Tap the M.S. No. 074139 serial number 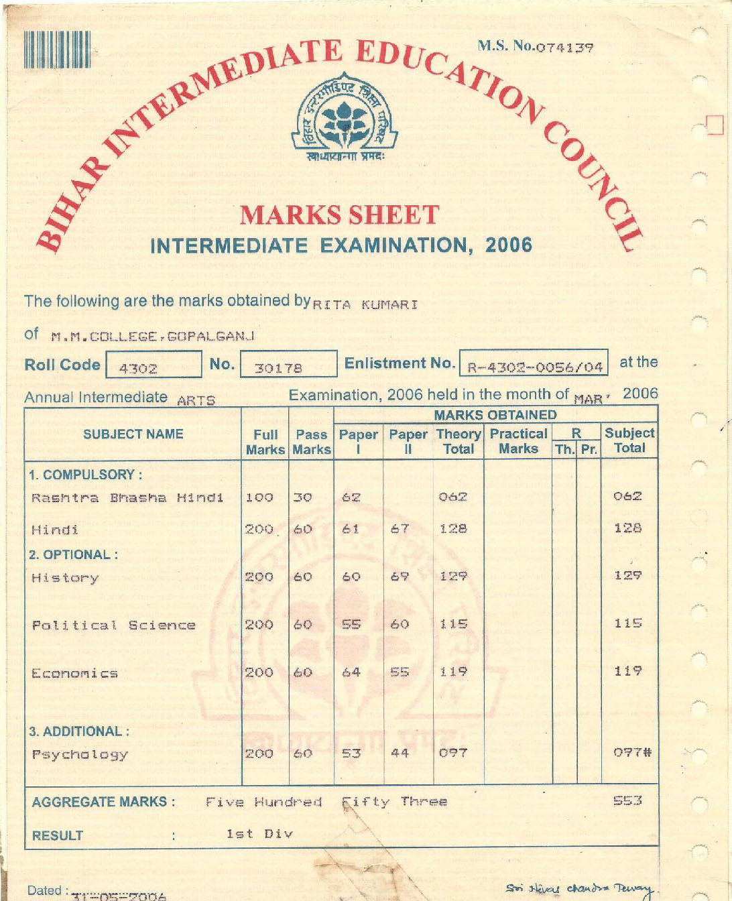(535, 47)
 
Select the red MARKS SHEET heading (339, 215)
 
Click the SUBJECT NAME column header (133, 434)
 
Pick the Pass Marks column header (312, 442)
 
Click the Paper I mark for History (351, 577)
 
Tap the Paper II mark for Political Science (400, 624)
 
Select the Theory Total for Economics (453, 672)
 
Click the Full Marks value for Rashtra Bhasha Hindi (259, 497)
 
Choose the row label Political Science (114, 625)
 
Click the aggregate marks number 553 (628, 800)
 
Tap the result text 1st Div (259, 834)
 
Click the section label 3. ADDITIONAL (79, 731)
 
